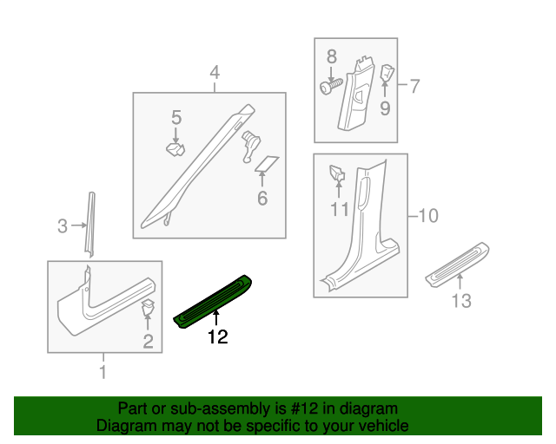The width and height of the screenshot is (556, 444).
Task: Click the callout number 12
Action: point(216,337)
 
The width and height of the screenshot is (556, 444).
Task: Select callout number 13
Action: point(460,301)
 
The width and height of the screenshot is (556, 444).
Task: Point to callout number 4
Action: point(214,73)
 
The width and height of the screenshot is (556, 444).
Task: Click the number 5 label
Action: point(175,116)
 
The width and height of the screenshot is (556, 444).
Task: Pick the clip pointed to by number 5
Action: point(176,150)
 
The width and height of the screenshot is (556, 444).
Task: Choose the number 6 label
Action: point(261,199)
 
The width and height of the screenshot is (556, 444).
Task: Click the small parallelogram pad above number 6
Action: point(267,163)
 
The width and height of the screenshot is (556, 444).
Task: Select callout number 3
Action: point(62,227)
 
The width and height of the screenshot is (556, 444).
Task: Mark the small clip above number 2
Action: point(148,306)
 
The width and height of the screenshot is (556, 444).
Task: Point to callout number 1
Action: point(103,373)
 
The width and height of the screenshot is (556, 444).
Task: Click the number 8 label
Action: point(331,57)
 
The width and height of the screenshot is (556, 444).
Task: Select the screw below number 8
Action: point(329,88)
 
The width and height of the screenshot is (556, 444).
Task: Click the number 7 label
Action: point(414,86)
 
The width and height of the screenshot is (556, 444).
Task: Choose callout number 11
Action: point(339,209)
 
